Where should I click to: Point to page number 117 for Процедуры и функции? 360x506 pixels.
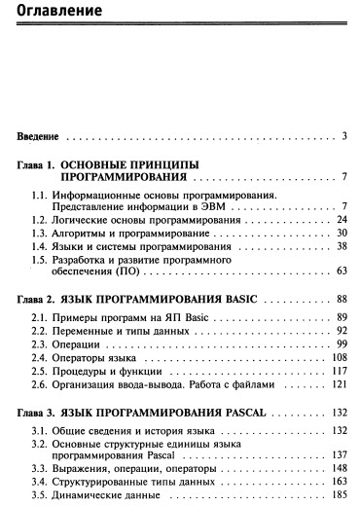tap(340, 371)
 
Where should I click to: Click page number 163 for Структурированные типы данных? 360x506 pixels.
tap(340, 480)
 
